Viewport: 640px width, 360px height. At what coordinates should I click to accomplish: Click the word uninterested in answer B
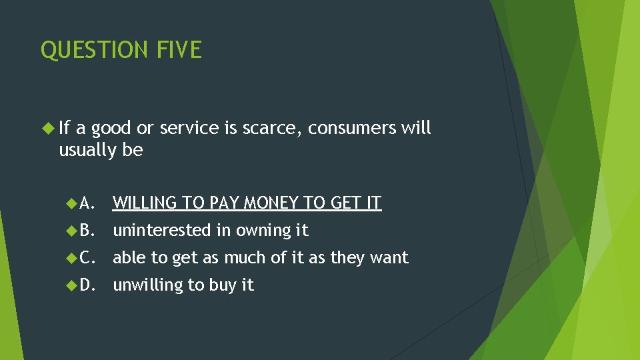tap(162, 230)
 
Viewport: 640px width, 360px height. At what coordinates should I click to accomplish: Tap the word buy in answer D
tap(223, 285)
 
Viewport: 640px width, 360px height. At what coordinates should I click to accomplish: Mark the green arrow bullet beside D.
tap(73, 285)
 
